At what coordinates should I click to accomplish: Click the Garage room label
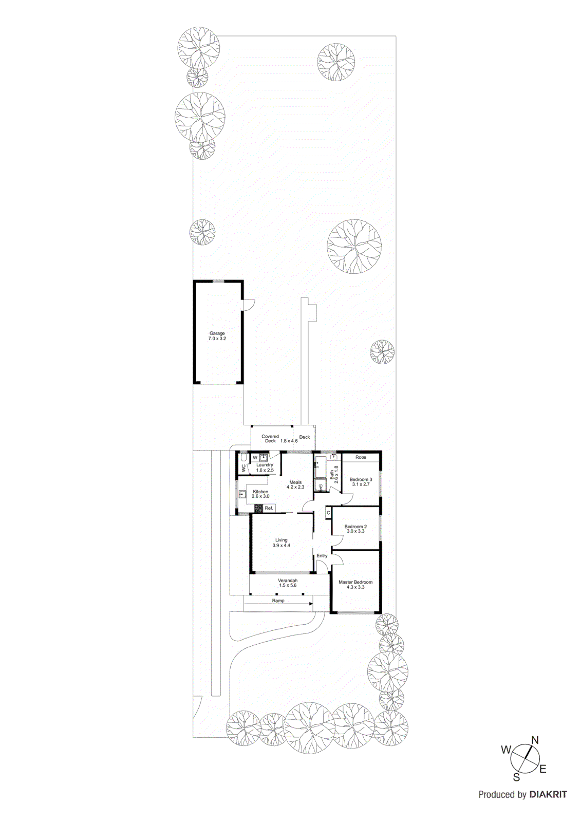[217, 333]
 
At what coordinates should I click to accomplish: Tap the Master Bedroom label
[355, 582]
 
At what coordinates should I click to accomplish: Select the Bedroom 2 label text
[355, 527]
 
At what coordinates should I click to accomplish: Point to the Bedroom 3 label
[361, 479]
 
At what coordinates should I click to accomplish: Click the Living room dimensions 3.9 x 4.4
[282, 546]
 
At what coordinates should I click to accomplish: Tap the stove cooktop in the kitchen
[258, 508]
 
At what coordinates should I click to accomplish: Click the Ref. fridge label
[269, 508]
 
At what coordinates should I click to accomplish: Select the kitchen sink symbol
[242, 495]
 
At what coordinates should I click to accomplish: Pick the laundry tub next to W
[264, 457]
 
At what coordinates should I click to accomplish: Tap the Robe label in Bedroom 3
[361, 457]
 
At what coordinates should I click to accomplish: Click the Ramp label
[278, 601]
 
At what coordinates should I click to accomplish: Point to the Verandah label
[288, 581]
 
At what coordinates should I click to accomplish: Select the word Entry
[322, 556]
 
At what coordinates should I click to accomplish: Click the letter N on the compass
[535, 740]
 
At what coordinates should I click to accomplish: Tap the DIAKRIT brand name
[548, 795]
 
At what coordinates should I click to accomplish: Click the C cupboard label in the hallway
[328, 513]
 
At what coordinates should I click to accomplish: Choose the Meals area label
[295, 482]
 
